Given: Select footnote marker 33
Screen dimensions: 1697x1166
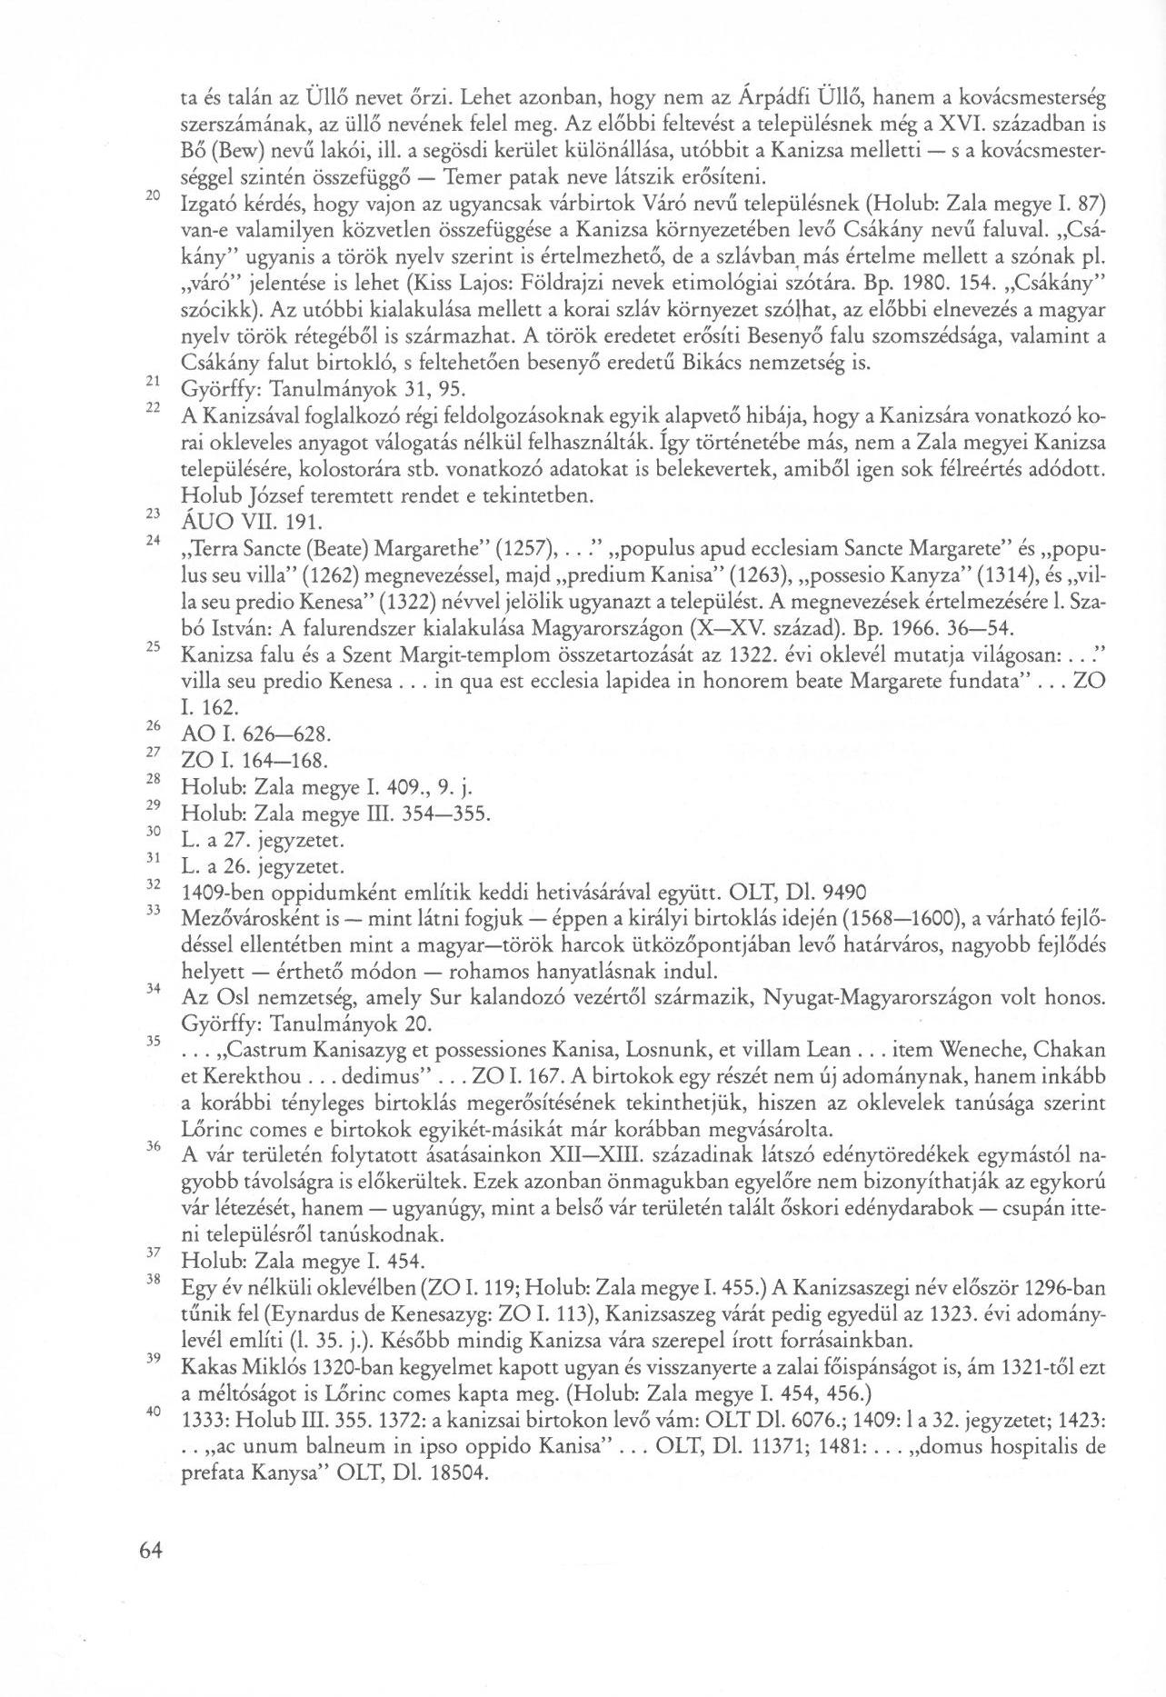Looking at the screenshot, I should pyautogui.click(x=153, y=910).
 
